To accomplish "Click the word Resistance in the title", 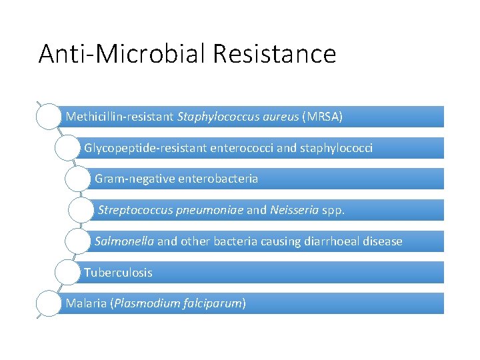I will (275, 53).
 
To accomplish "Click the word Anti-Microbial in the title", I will (121, 53).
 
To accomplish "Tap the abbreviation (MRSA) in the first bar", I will (323, 117).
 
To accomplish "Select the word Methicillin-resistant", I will (120, 117).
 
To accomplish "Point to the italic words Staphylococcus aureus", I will (238, 117).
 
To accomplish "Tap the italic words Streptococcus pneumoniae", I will (171, 210).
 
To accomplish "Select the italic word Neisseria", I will (295, 210).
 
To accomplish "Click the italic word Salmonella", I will (125, 241).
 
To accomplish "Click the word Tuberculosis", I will (118, 273).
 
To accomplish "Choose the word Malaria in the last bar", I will (87, 303).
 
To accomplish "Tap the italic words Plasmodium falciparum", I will (179, 303).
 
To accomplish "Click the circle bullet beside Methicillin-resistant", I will (49, 116).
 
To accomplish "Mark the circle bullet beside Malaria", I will (49, 303).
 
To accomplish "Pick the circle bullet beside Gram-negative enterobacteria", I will (78, 179).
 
